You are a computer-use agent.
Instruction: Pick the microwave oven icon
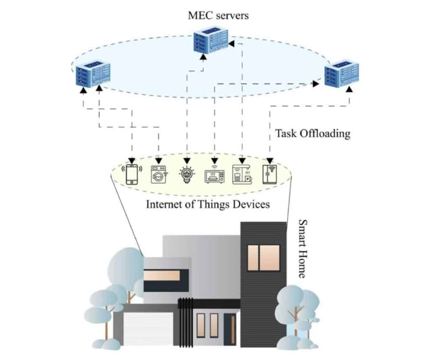tap(214, 175)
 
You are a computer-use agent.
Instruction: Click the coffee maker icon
tap(242, 174)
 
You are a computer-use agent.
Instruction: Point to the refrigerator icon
tap(270, 174)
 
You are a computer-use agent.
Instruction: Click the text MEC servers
tap(218, 16)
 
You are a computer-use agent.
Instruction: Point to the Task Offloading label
tap(312, 133)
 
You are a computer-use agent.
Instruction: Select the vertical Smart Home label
tap(302, 248)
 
